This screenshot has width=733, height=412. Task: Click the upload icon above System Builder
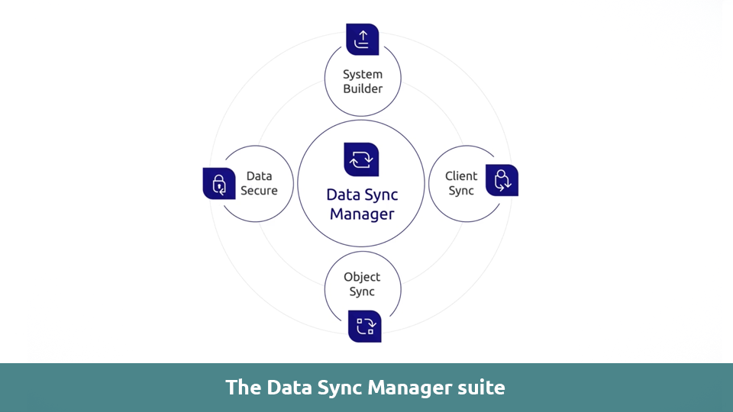click(x=362, y=40)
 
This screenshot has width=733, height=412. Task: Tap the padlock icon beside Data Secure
click(x=219, y=183)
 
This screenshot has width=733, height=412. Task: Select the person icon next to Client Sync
click(x=502, y=180)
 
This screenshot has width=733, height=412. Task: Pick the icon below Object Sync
click(x=364, y=326)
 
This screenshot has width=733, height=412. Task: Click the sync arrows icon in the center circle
click(x=361, y=159)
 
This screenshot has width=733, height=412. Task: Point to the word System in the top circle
click(x=362, y=75)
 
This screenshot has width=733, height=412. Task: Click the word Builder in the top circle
click(x=362, y=89)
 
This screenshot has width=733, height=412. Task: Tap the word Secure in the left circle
click(x=259, y=191)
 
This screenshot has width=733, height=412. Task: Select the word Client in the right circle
click(x=461, y=176)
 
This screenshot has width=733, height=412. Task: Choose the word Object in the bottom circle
click(x=362, y=277)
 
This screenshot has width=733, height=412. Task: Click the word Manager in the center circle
click(x=362, y=214)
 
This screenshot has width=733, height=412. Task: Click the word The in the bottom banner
click(x=243, y=388)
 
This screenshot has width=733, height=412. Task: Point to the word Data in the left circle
click(x=259, y=176)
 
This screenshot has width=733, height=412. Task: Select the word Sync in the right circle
click(x=461, y=191)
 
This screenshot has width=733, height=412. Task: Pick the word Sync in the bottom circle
click(x=362, y=291)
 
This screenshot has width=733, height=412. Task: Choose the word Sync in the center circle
click(x=381, y=195)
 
